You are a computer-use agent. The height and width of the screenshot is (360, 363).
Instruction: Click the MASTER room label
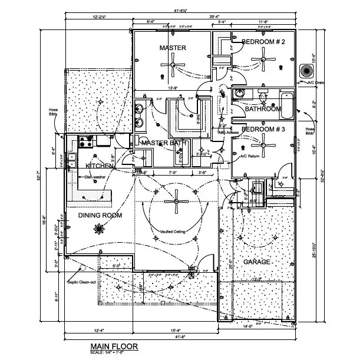click(173, 47)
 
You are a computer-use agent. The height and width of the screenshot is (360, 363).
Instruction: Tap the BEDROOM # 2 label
click(263, 42)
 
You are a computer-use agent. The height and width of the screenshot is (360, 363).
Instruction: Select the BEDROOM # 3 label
click(263, 128)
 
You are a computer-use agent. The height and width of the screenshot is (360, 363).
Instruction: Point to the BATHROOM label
click(263, 109)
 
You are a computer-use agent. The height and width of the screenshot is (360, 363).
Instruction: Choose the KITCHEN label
click(98, 166)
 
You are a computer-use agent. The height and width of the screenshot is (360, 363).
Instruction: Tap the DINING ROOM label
click(100, 215)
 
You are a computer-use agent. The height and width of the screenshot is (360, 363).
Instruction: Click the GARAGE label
click(257, 261)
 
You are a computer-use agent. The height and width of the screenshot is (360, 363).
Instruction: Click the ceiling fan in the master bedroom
click(173, 64)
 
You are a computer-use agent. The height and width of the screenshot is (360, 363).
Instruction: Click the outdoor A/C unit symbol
click(306, 70)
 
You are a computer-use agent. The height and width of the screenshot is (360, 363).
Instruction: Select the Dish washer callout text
click(95, 177)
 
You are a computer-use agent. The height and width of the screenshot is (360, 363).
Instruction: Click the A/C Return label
click(249, 156)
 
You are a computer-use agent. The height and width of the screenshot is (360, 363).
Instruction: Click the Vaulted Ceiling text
click(172, 232)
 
